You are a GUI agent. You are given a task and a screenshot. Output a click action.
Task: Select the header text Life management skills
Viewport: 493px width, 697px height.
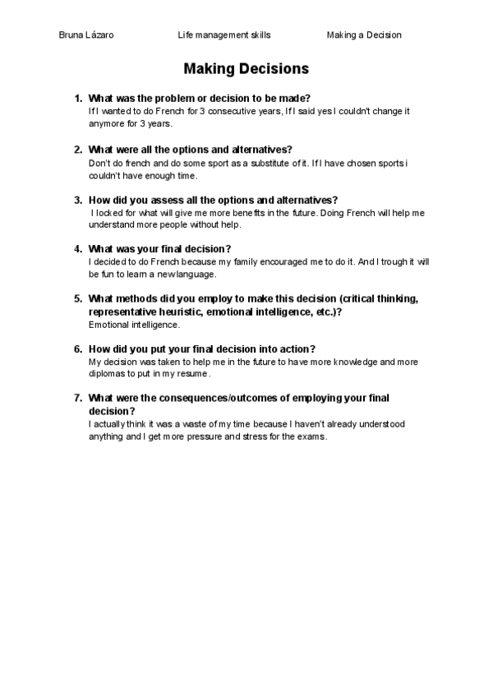(x=223, y=35)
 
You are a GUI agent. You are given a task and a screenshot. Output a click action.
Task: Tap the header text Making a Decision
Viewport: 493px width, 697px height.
(x=364, y=35)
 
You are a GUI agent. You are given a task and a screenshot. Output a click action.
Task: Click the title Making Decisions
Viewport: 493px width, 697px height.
(x=246, y=68)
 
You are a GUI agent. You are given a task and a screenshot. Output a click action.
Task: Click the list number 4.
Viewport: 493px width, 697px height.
(x=78, y=249)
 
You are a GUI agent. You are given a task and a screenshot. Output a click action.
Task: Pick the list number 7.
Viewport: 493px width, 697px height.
(x=78, y=398)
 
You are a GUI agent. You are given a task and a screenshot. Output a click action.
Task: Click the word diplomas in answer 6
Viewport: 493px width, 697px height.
(x=106, y=373)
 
